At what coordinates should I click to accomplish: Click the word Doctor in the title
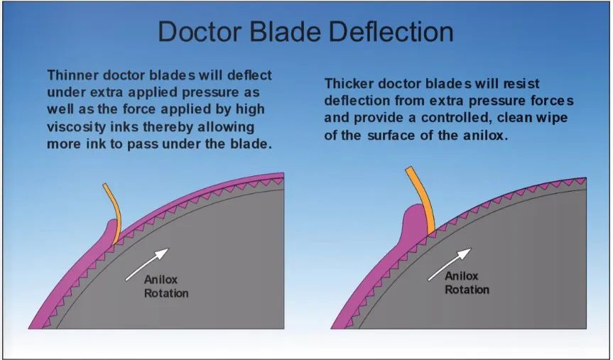tap(200, 32)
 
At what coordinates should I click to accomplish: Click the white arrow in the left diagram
tap(147, 264)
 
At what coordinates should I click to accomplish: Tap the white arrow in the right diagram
tap(450, 264)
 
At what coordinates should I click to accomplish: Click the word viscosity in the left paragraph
tap(76, 127)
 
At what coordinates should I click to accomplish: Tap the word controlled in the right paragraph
tap(455, 118)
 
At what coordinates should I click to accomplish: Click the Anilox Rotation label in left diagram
tap(166, 286)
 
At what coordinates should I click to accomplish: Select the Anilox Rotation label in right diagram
tap(467, 283)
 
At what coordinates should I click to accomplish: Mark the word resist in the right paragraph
tap(521, 83)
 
